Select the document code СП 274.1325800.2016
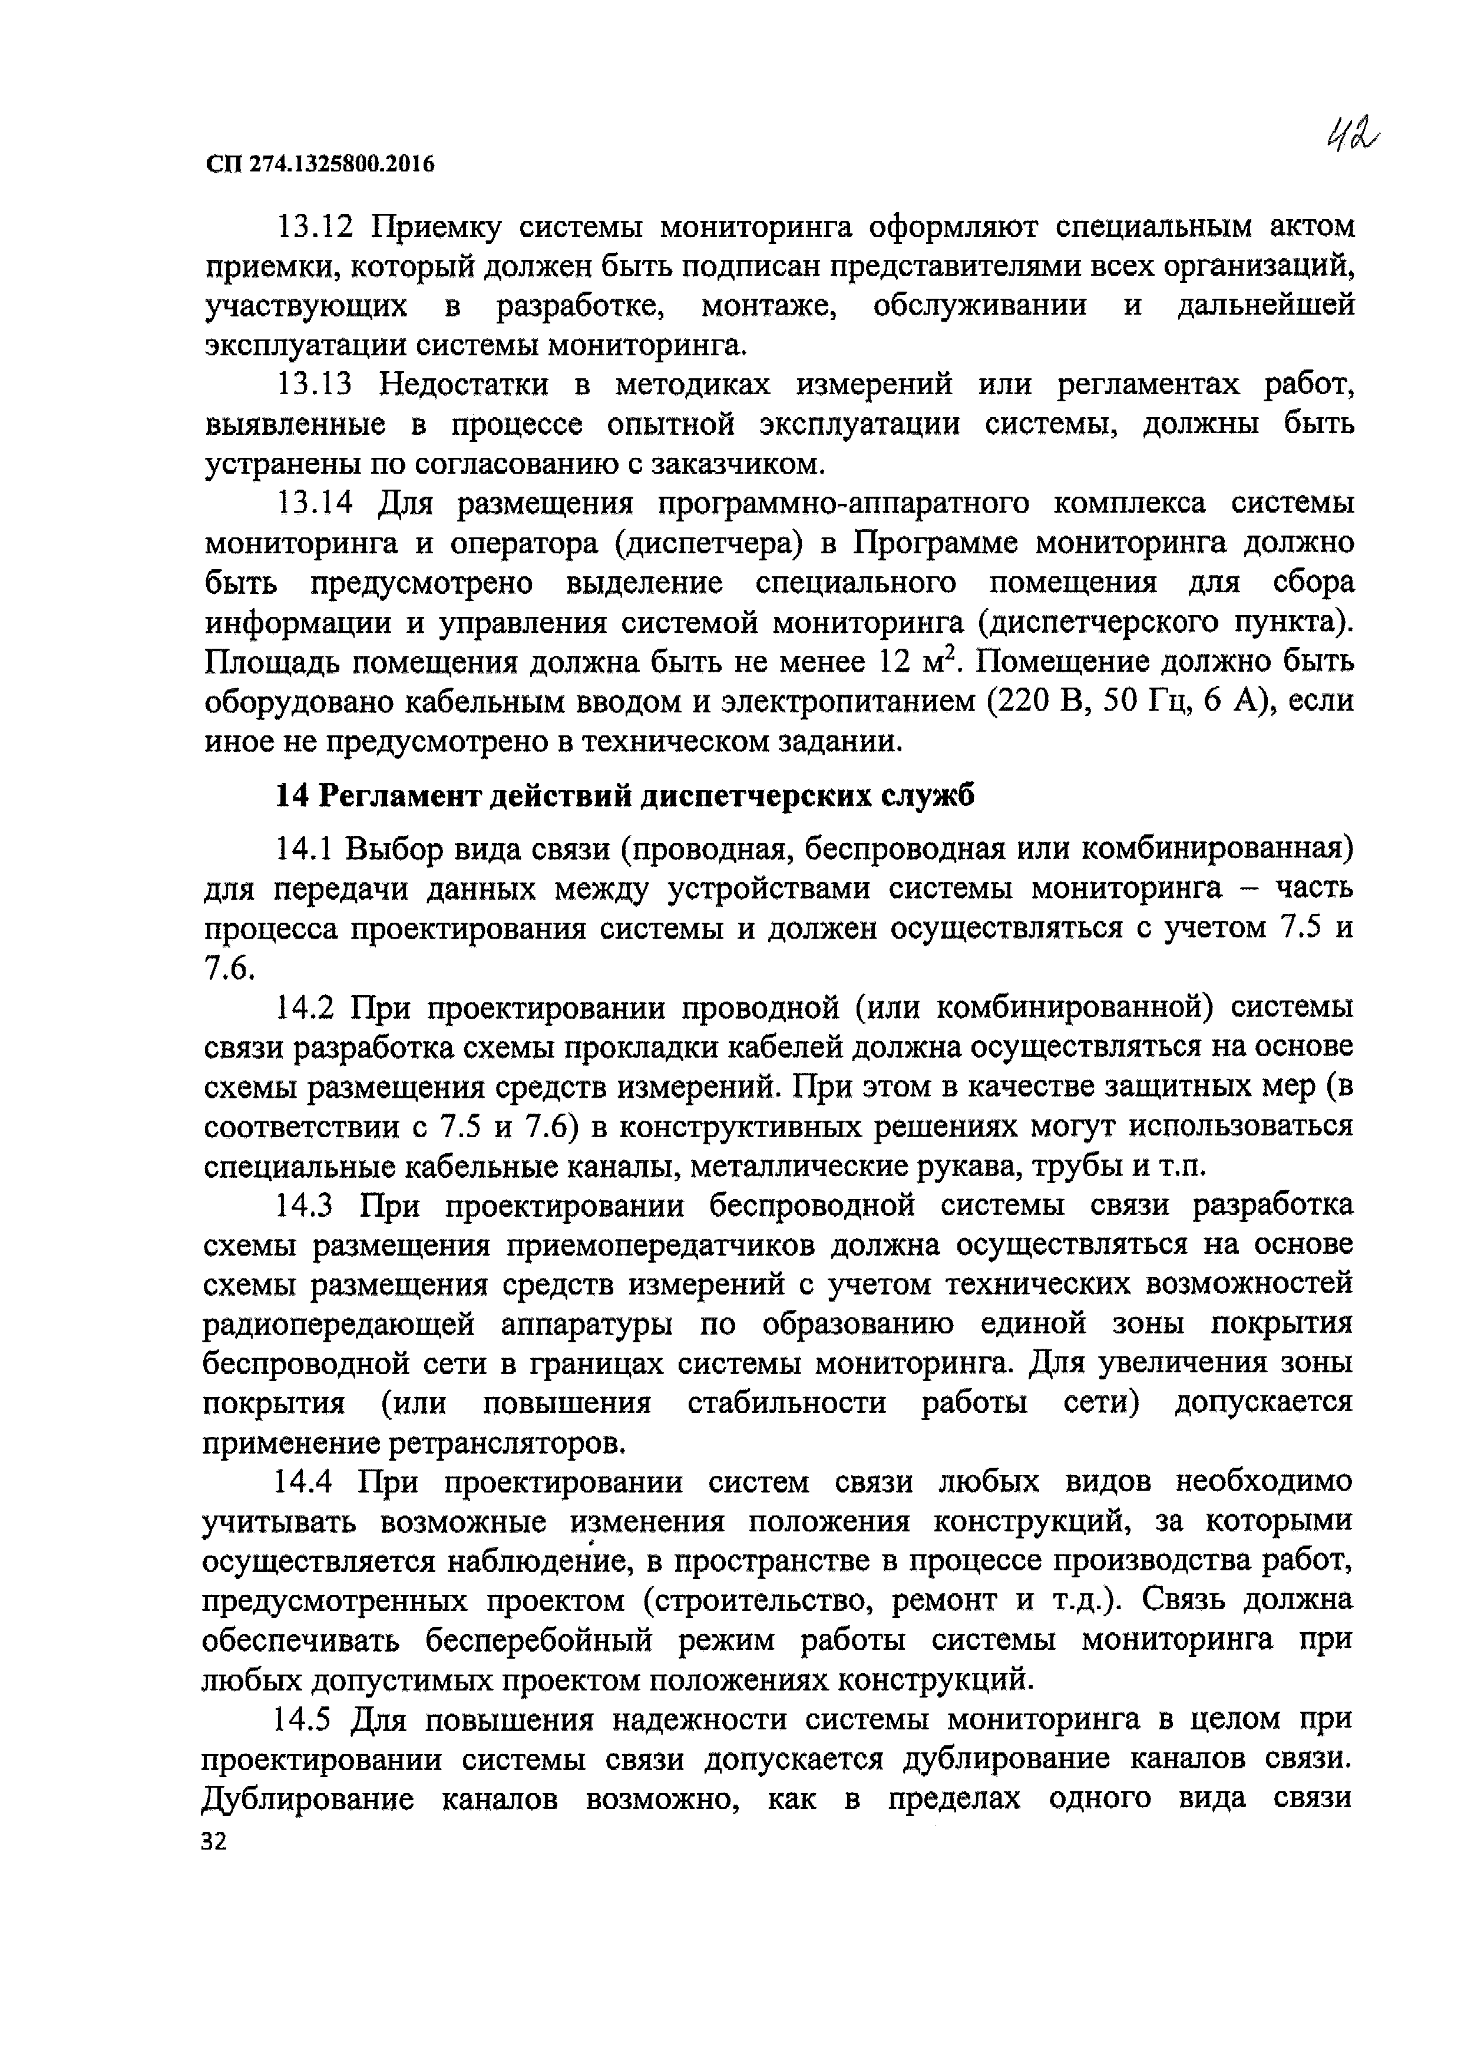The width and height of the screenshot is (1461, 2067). (319, 164)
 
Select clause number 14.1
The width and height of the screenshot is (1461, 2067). (304, 849)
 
